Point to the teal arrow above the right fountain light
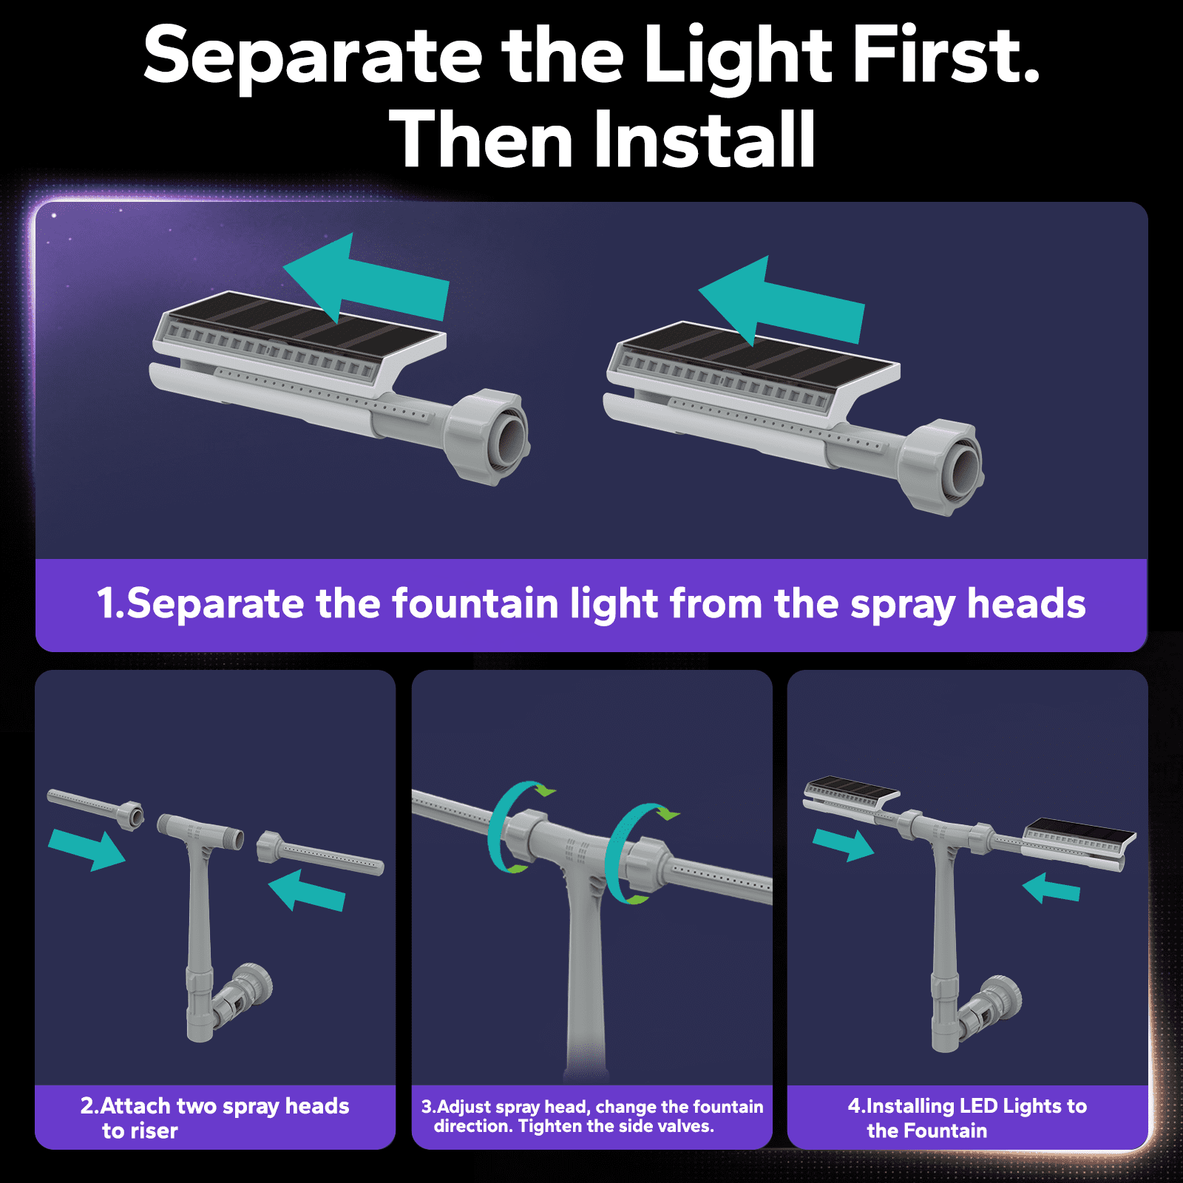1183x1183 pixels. [781, 300]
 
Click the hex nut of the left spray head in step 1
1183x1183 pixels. [487, 436]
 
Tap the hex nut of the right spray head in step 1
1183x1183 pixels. [942, 467]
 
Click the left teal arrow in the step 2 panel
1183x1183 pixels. [87, 850]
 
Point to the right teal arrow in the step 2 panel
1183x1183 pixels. [307, 890]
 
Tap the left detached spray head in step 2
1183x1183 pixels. [96, 809]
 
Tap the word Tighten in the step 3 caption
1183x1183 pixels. [550, 1126]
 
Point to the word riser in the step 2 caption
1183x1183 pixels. [155, 1131]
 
